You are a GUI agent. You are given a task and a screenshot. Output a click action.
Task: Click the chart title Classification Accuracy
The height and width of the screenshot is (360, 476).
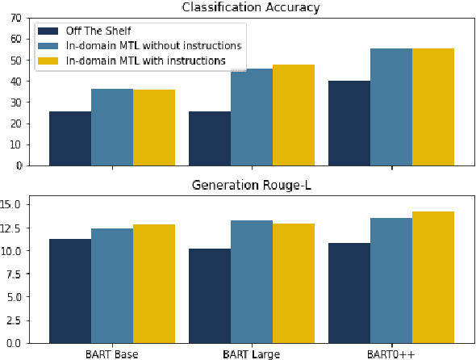click(252, 7)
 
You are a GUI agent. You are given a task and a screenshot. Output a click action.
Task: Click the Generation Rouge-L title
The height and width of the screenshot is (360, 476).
click(252, 185)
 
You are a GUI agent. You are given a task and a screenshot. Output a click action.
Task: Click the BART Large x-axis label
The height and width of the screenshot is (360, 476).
click(252, 354)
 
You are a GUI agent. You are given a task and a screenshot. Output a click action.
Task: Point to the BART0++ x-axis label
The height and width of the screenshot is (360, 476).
click(391, 354)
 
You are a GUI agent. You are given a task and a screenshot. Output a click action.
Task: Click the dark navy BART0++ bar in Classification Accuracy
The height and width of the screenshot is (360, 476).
click(349, 123)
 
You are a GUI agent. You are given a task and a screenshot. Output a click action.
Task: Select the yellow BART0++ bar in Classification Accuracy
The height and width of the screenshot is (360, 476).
click(433, 107)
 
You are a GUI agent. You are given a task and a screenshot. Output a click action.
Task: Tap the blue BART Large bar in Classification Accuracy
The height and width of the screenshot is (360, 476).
click(252, 117)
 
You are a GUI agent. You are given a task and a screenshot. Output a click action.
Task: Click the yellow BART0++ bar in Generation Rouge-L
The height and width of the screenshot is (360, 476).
click(433, 277)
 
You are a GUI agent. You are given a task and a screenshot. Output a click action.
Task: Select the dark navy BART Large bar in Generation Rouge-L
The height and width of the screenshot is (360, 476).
click(210, 295)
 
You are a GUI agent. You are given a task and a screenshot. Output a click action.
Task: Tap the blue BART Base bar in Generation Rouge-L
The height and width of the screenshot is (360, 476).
click(112, 286)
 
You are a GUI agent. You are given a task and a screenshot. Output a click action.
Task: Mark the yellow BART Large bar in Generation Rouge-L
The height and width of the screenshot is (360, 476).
click(294, 283)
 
